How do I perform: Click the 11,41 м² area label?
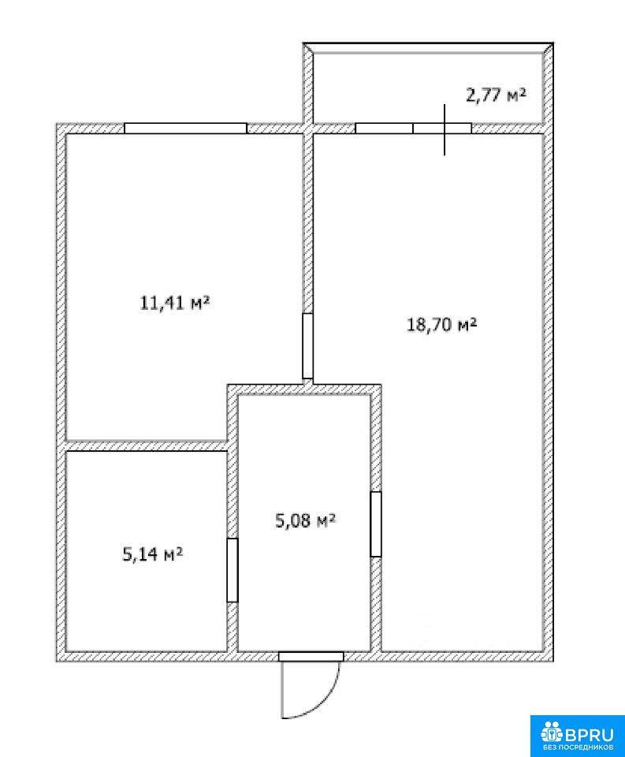[x=174, y=303]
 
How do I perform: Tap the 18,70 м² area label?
[x=442, y=324]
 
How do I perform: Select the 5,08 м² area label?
[x=305, y=520]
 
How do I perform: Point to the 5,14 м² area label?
[x=153, y=554]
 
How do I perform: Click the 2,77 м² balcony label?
[x=496, y=95]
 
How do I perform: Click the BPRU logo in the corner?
[x=577, y=736]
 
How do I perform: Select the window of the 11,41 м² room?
[x=186, y=128]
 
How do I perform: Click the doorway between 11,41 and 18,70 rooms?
[x=308, y=345]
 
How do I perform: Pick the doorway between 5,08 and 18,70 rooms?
[x=376, y=524]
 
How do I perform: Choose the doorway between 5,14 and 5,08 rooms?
[x=233, y=570]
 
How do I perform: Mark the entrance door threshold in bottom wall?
[x=311, y=657]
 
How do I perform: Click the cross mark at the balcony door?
[x=445, y=129]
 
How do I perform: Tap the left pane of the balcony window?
[x=384, y=128]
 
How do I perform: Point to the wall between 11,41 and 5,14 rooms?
[x=147, y=446]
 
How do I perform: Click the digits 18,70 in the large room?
[x=430, y=324]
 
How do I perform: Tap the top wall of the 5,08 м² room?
[x=304, y=390]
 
